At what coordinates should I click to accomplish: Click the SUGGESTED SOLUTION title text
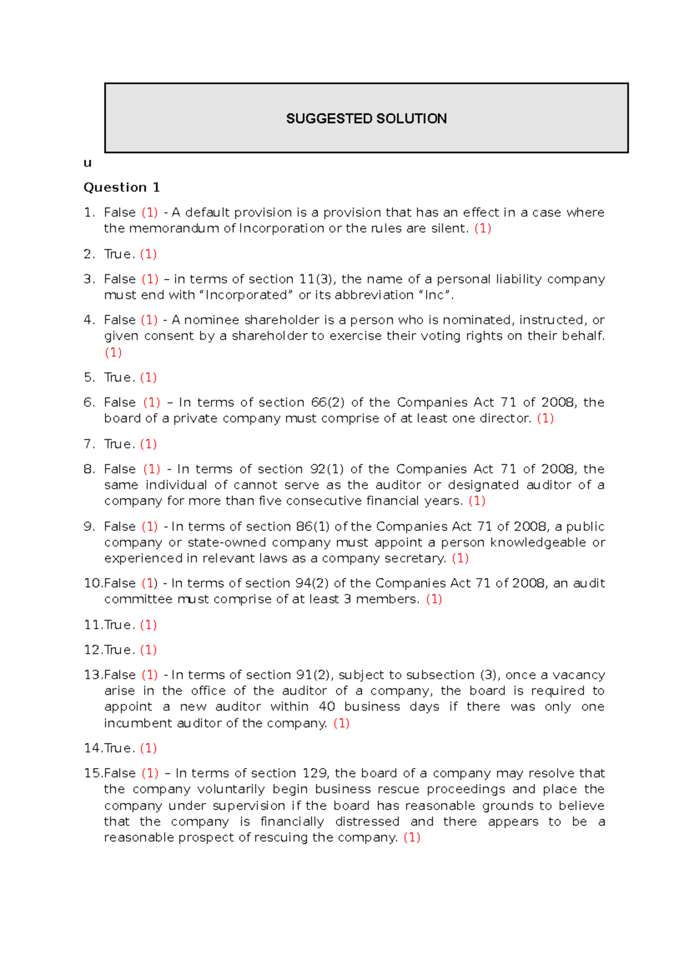366,119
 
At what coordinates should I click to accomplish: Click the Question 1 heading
121,188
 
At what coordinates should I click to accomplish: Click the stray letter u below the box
87,163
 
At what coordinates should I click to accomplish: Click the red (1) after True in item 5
148,377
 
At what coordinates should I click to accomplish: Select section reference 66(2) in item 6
328,403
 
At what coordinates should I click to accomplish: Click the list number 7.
88,444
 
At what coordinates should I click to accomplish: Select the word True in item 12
119,650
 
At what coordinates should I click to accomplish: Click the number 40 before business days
327,707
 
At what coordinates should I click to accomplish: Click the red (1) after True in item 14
148,748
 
